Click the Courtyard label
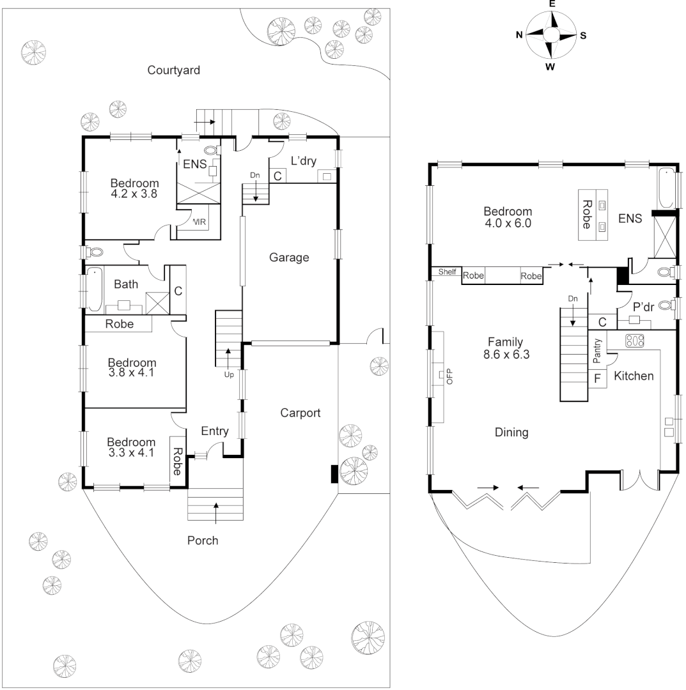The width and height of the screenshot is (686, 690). (174, 70)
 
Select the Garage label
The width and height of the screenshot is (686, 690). (289, 258)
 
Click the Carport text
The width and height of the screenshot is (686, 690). (300, 413)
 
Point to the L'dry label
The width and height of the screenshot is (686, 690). (304, 160)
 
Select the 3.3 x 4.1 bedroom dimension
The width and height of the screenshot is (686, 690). (131, 454)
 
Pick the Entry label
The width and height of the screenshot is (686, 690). (215, 431)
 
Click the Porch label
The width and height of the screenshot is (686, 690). (203, 541)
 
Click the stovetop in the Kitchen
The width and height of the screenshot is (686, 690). (634, 341)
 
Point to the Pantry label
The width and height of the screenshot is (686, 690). (597, 350)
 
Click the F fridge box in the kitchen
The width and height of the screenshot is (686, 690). (597, 378)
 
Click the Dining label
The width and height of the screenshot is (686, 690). (511, 433)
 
